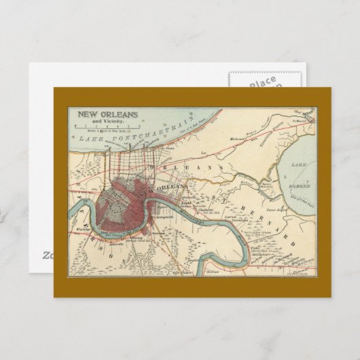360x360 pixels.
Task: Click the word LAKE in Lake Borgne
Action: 298,165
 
